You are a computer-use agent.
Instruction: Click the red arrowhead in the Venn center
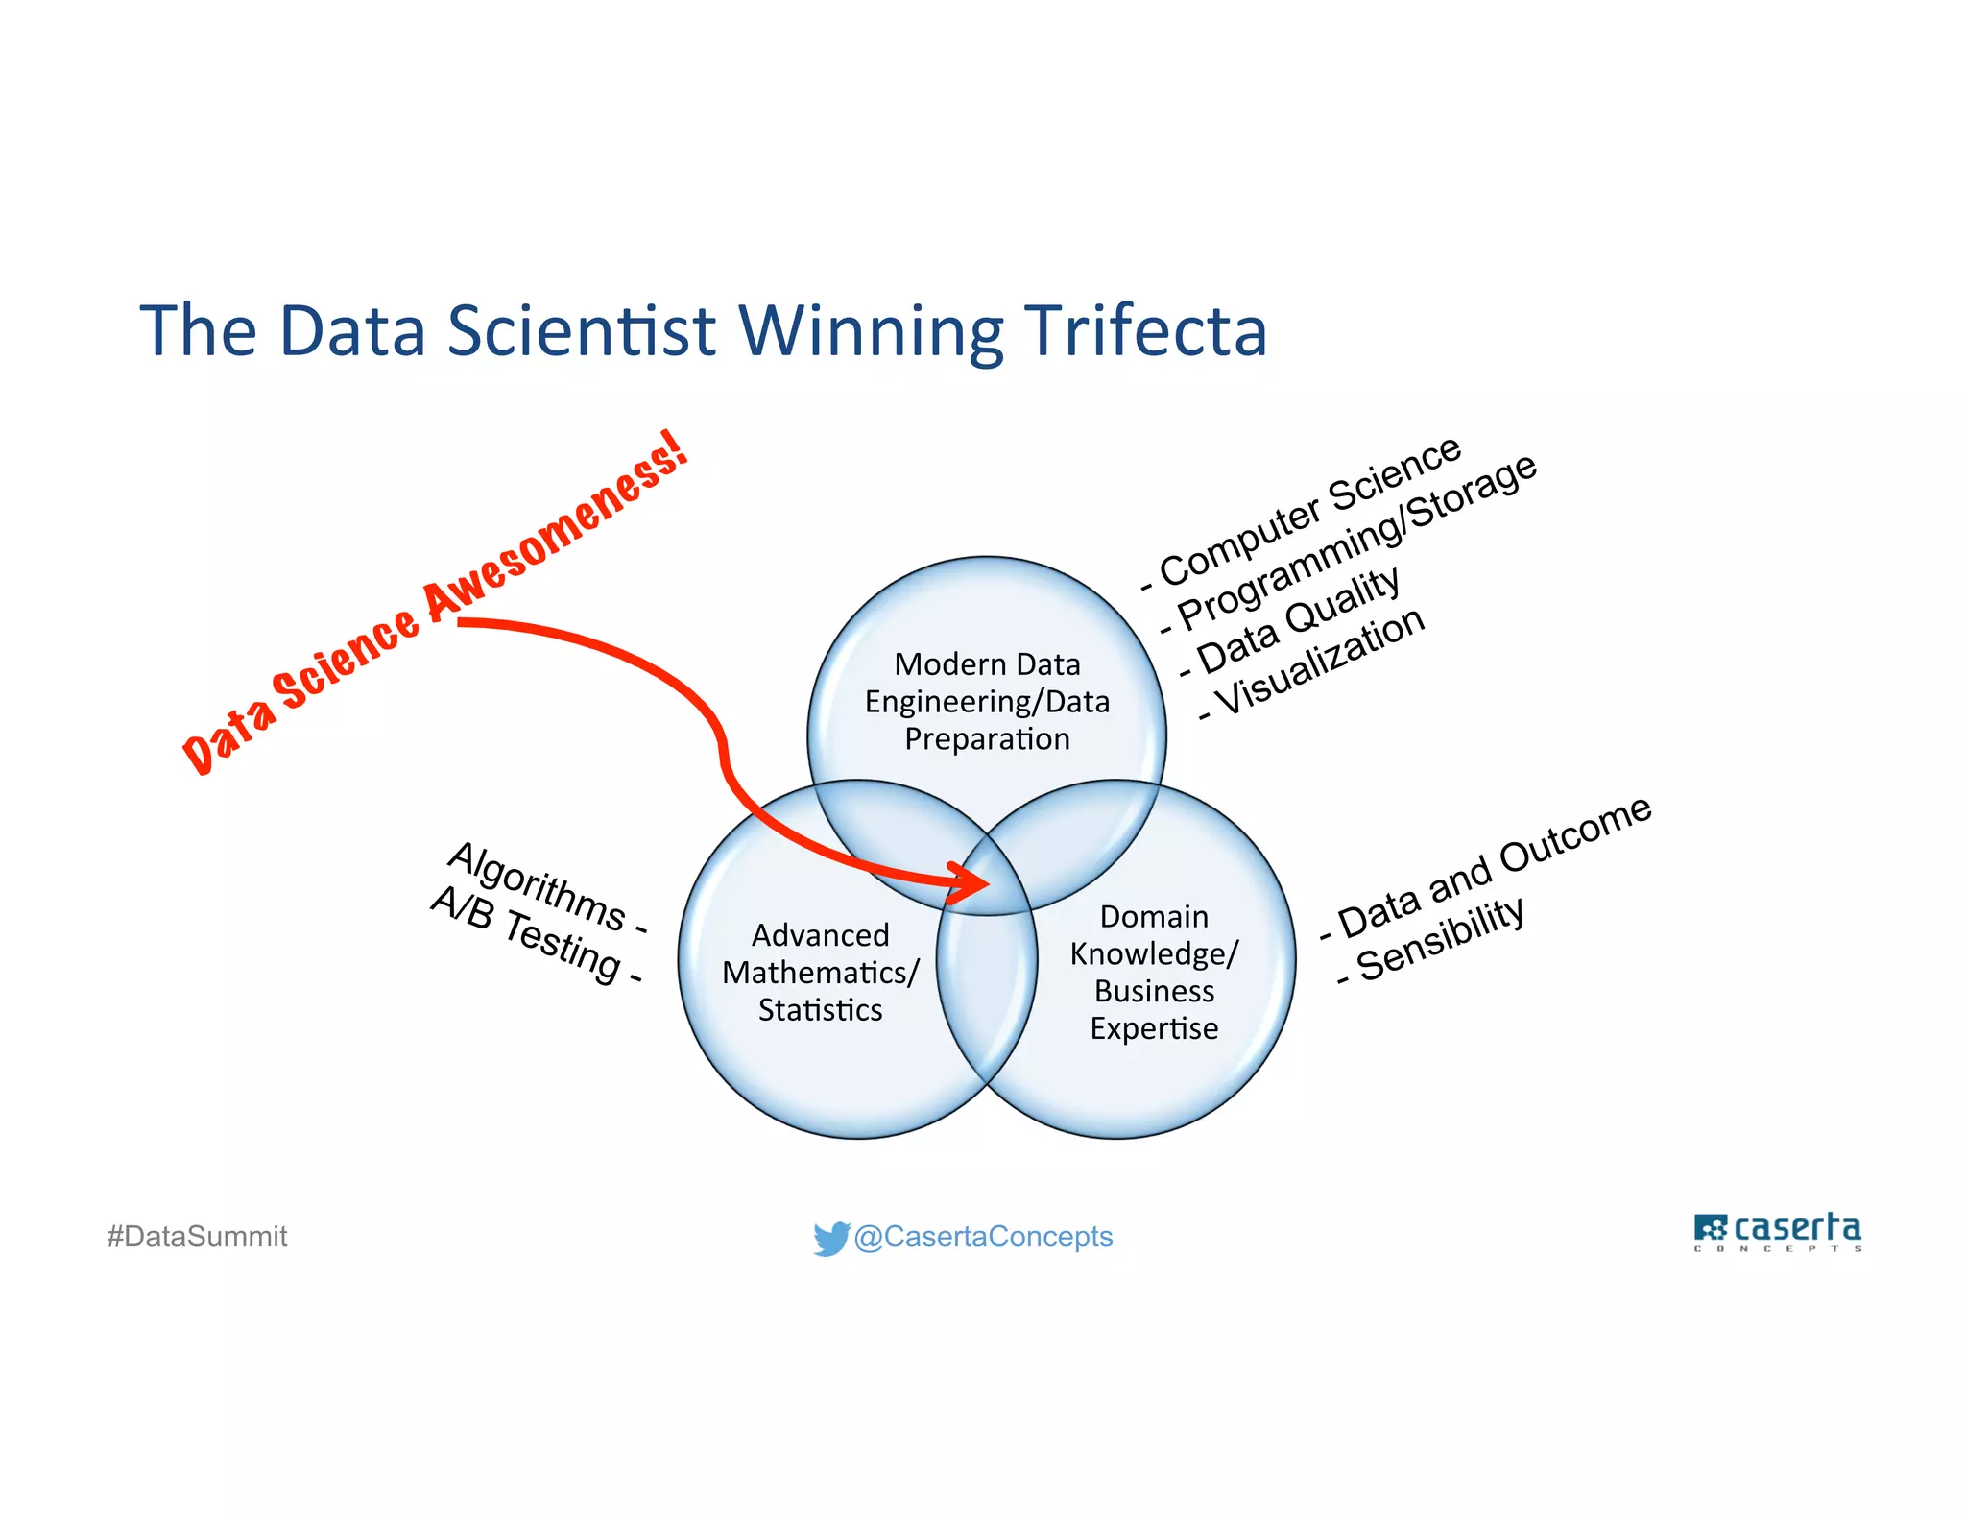click(x=970, y=881)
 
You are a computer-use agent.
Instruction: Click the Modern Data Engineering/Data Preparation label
click(x=987, y=701)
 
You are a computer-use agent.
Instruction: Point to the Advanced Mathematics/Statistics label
click(x=821, y=972)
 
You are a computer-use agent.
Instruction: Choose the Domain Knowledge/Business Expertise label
click(x=1154, y=972)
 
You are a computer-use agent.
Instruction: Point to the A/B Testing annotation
click(x=534, y=935)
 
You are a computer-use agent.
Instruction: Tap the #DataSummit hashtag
click(x=197, y=1237)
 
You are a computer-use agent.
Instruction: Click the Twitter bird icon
click(x=830, y=1238)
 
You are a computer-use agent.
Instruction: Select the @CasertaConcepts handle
click(x=983, y=1237)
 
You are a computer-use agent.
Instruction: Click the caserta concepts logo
click(x=1777, y=1231)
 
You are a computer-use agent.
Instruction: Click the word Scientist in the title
click(x=581, y=330)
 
